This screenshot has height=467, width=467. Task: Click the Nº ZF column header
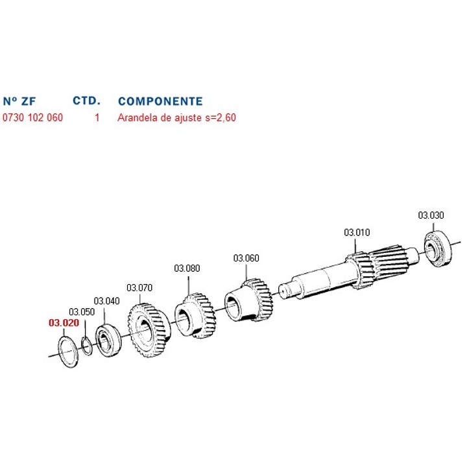click(19, 101)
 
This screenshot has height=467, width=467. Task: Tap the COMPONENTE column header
click(160, 101)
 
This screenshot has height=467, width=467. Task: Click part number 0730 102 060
click(33, 119)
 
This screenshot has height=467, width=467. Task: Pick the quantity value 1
click(97, 119)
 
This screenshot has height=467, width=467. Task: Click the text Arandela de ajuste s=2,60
click(176, 119)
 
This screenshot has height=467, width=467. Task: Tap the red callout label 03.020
click(63, 322)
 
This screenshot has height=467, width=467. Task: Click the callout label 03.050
click(82, 312)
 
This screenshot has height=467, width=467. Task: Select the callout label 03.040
click(107, 301)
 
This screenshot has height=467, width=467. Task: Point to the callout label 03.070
click(139, 287)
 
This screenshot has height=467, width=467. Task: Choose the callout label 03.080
click(187, 269)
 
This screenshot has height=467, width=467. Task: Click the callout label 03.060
click(246, 258)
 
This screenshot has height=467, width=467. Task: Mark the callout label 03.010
click(357, 232)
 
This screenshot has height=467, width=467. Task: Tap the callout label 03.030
click(431, 215)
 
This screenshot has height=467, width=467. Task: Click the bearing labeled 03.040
click(106, 339)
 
